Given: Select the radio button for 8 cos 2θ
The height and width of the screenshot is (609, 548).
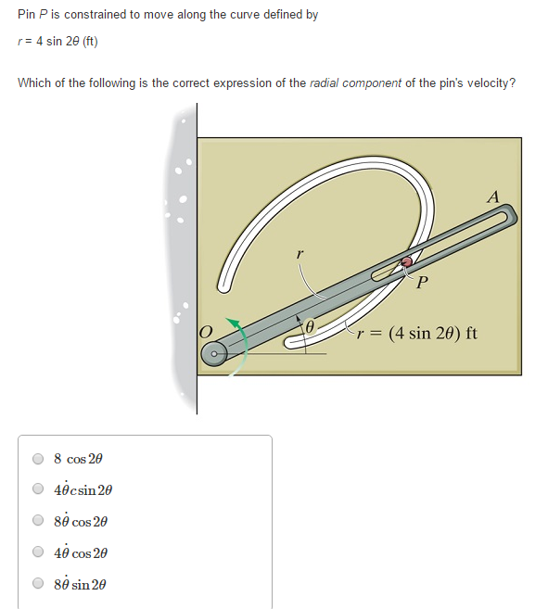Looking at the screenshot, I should [38, 458].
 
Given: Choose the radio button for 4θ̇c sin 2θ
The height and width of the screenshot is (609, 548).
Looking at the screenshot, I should [38, 489].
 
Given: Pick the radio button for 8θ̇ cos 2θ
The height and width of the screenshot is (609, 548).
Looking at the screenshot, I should [38, 521].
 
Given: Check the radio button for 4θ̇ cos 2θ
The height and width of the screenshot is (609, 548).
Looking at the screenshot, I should [38, 552].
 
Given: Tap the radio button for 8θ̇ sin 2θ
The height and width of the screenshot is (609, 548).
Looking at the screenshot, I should [38, 584].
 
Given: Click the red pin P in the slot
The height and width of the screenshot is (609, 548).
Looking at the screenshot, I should [406, 262].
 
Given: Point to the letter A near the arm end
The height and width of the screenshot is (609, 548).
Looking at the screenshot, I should [492, 197].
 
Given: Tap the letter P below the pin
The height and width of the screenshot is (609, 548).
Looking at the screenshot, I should [422, 284].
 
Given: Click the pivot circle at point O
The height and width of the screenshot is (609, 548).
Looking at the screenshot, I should [214, 353].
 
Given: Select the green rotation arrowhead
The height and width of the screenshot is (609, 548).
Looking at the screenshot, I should [236, 323].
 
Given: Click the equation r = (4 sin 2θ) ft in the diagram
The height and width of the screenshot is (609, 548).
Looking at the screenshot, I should [418, 333].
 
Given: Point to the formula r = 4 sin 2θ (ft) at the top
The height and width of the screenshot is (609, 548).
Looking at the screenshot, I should [57, 42].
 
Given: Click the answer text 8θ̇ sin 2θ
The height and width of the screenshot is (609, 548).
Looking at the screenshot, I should [81, 584].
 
